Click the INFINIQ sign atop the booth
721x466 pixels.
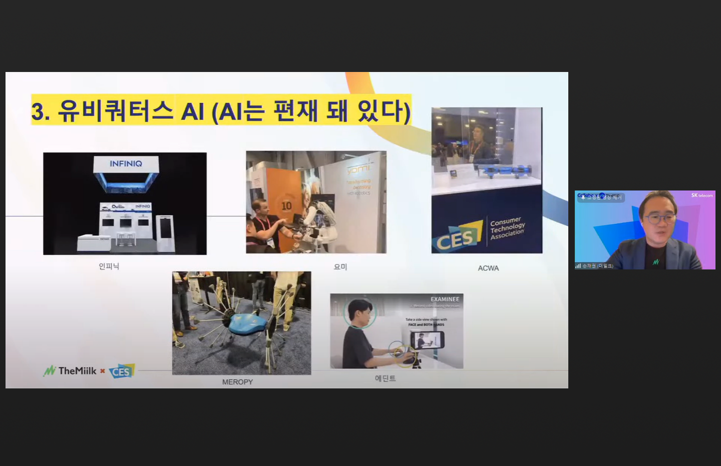(x=126, y=164)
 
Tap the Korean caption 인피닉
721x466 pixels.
(x=109, y=266)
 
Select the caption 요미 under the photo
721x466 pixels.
(x=340, y=267)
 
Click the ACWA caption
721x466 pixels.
(x=488, y=268)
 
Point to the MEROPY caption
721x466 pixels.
(x=237, y=382)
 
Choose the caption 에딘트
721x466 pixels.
(x=385, y=378)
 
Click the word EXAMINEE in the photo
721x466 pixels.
(x=445, y=299)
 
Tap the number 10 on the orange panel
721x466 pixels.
(x=286, y=205)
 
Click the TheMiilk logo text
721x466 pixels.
(x=77, y=371)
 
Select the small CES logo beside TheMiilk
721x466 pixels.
(x=122, y=371)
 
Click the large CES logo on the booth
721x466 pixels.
(x=456, y=238)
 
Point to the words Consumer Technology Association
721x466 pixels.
(x=507, y=228)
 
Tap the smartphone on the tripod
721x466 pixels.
(x=427, y=340)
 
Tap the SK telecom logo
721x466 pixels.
(x=701, y=195)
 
